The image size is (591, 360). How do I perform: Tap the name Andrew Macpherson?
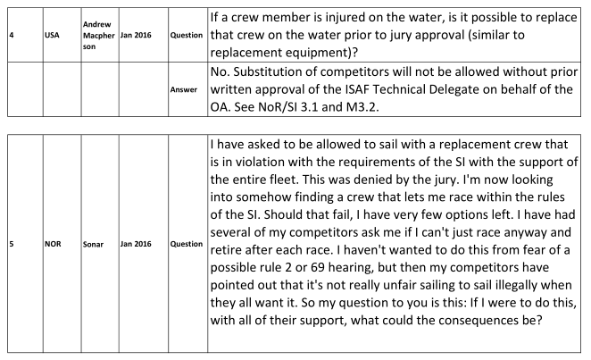click(99, 36)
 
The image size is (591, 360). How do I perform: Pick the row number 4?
click(12, 35)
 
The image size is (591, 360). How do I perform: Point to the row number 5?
click(12, 244)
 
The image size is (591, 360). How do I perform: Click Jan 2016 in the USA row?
click(136, 35)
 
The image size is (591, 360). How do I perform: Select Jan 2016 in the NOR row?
click(136, 244)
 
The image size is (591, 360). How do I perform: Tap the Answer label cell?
click(184, 89)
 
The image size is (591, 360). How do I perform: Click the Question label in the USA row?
click(187, 35)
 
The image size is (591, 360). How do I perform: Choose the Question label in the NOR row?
click(187, 244)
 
